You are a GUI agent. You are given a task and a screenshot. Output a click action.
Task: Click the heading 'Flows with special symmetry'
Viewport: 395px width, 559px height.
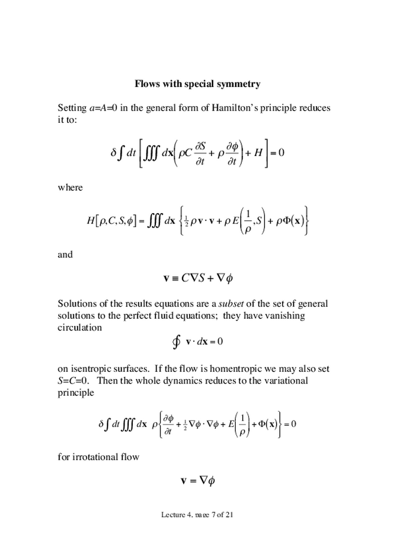pos(197,84)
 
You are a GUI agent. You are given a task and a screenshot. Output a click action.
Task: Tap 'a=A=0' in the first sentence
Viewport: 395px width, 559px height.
pos(103,107)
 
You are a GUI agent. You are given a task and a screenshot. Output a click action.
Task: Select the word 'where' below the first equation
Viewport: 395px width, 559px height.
pos(70,188)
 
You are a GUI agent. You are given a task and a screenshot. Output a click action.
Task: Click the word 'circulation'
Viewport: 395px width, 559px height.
pos(80,327)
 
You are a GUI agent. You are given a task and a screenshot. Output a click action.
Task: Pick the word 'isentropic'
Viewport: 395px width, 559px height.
pos(89,369)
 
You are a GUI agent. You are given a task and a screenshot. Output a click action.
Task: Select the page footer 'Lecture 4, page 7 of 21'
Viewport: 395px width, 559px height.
pos(197,515)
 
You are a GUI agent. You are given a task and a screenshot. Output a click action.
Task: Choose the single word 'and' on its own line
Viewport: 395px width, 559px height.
pos(65,255)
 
